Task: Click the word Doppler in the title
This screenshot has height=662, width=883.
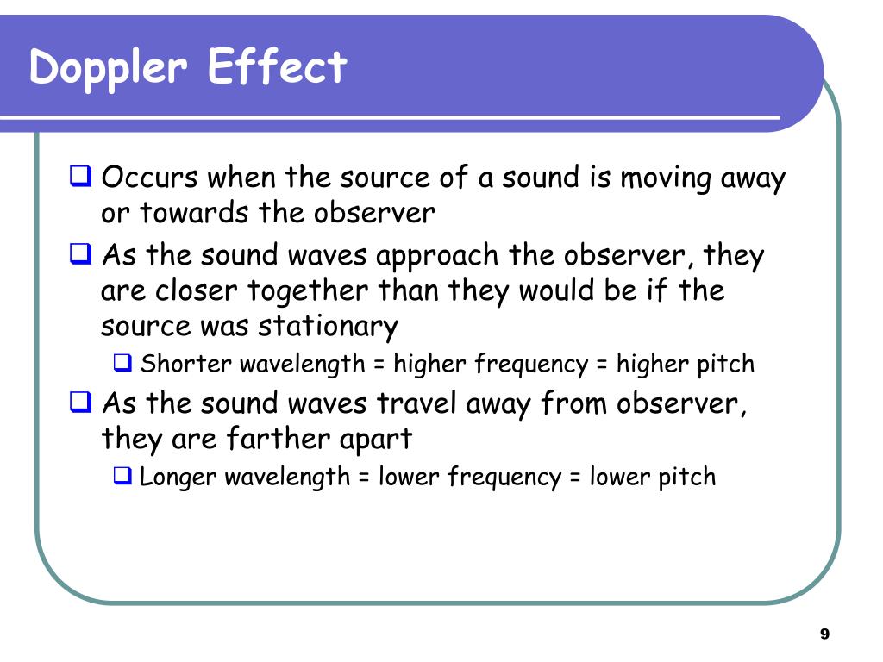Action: [x=109, y=68]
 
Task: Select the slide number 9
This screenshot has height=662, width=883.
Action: [x=824, y=634]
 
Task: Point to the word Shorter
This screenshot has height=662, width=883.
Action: [x=186, y=364]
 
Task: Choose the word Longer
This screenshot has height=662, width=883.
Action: [x=178, y=477]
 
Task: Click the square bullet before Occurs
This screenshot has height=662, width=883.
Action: [x=81, y=178]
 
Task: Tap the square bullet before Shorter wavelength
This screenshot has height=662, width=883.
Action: [x=122, y=364]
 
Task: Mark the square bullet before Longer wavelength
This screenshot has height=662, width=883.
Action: [x=122, y=476]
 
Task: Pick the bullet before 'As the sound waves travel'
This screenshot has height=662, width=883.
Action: [x=81, y=403]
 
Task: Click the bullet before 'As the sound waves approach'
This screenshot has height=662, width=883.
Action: [x=81, y=255]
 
